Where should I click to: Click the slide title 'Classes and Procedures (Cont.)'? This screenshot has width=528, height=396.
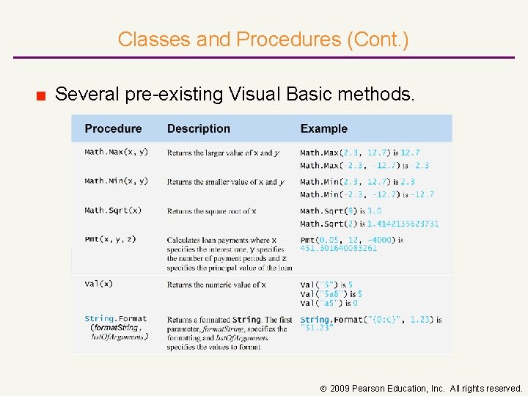click(x=263, y=39)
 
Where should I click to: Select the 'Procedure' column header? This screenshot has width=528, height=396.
click(x=113, y=128)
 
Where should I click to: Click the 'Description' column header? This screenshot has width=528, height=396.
click(x=198, y=128)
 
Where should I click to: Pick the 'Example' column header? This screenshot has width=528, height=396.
click(x=323, y=128)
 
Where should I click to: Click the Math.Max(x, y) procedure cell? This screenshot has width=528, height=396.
click(x=116, y=152)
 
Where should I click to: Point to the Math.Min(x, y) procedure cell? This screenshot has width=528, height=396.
click(x=116, y=181)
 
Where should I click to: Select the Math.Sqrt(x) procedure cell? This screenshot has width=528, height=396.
click(x=113, y=210)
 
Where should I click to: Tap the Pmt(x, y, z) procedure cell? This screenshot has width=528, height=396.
click(x=111, y=240)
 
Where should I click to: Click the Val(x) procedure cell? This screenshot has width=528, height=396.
click(x=98, y=284)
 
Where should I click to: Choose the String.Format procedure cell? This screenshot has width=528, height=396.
click(x=116, y=327)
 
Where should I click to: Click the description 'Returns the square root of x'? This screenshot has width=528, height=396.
click(x=211, y=211)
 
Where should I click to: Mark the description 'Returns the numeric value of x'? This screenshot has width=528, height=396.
click(x=216, y=285)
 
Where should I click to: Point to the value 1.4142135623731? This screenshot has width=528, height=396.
click(x=403, y=224)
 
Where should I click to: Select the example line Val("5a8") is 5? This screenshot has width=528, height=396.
click(x=331, y=294)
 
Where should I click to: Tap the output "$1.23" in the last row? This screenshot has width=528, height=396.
click(x=317, y=328)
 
